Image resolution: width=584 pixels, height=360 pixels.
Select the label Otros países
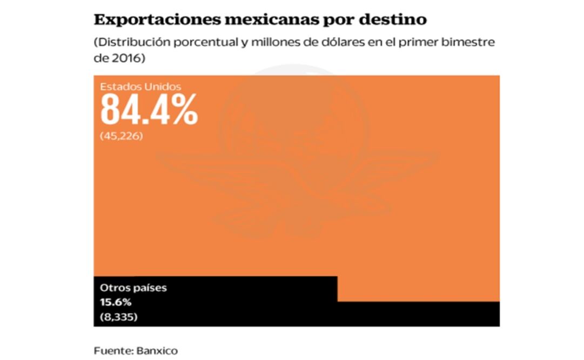tap(133, 288)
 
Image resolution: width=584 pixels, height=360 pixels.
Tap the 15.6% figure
tap(116, 302)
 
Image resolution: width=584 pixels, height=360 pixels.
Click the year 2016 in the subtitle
tap(129, 58)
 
